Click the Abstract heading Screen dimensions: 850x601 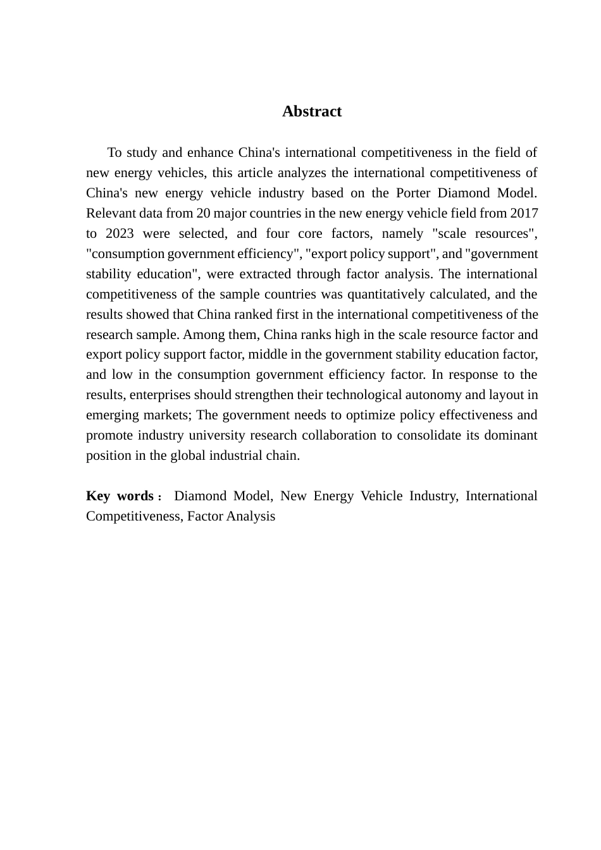coord(312,111)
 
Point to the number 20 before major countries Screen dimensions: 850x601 coord(204,213)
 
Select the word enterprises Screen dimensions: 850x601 coord(159,395)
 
